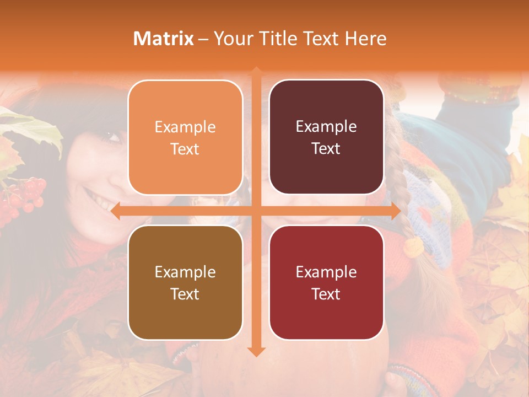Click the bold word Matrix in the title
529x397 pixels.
click(x=164, y=39)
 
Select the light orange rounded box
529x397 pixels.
click(x=185, y=138)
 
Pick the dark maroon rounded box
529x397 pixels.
click(x=326, y=138)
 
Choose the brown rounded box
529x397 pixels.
click(x=185, y=282)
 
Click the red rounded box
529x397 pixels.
click(x=326, y=282)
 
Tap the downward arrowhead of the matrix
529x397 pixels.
click(x=256, y=351)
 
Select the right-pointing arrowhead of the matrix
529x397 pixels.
click(x=395, y=211)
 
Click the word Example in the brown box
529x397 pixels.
click(x=185, y=272)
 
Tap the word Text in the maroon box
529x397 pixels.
click(x=326, y=149)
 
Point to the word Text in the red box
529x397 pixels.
click(x=326, y=294)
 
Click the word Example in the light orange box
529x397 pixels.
click(x=185, y=127)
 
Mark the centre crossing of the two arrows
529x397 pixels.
click(x=256, y=211)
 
